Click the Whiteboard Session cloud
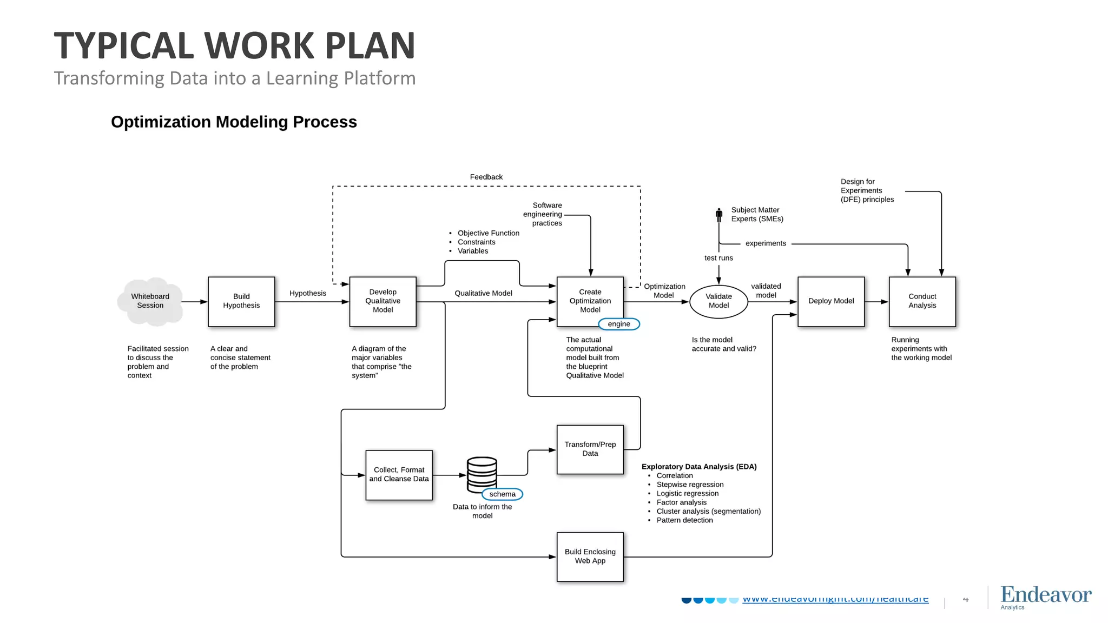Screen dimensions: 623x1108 point(150,301)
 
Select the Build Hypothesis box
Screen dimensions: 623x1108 point(241,301)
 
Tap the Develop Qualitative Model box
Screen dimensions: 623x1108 point(382,301)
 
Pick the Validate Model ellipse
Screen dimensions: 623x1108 point(718,301)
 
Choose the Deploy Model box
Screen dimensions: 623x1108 point(831,301)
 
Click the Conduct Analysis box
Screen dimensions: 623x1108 point(922,301)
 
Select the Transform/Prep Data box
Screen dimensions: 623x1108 point(590,449)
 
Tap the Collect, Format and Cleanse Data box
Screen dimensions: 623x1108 point(399,475)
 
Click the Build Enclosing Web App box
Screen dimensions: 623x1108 point(590,556)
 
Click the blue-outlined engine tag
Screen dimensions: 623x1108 point(619,324)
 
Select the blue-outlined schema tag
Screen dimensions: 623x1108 point(503,494)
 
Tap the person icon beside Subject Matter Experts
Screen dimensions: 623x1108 point(719,215)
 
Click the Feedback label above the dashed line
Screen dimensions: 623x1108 point(486,177)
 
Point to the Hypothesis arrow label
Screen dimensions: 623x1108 point(307,293)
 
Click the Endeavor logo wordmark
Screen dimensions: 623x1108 point(1046,595)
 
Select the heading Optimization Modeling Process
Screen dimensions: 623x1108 point(234,122)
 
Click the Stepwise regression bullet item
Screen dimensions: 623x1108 point(690,485)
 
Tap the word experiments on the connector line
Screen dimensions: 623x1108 point(766,243)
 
